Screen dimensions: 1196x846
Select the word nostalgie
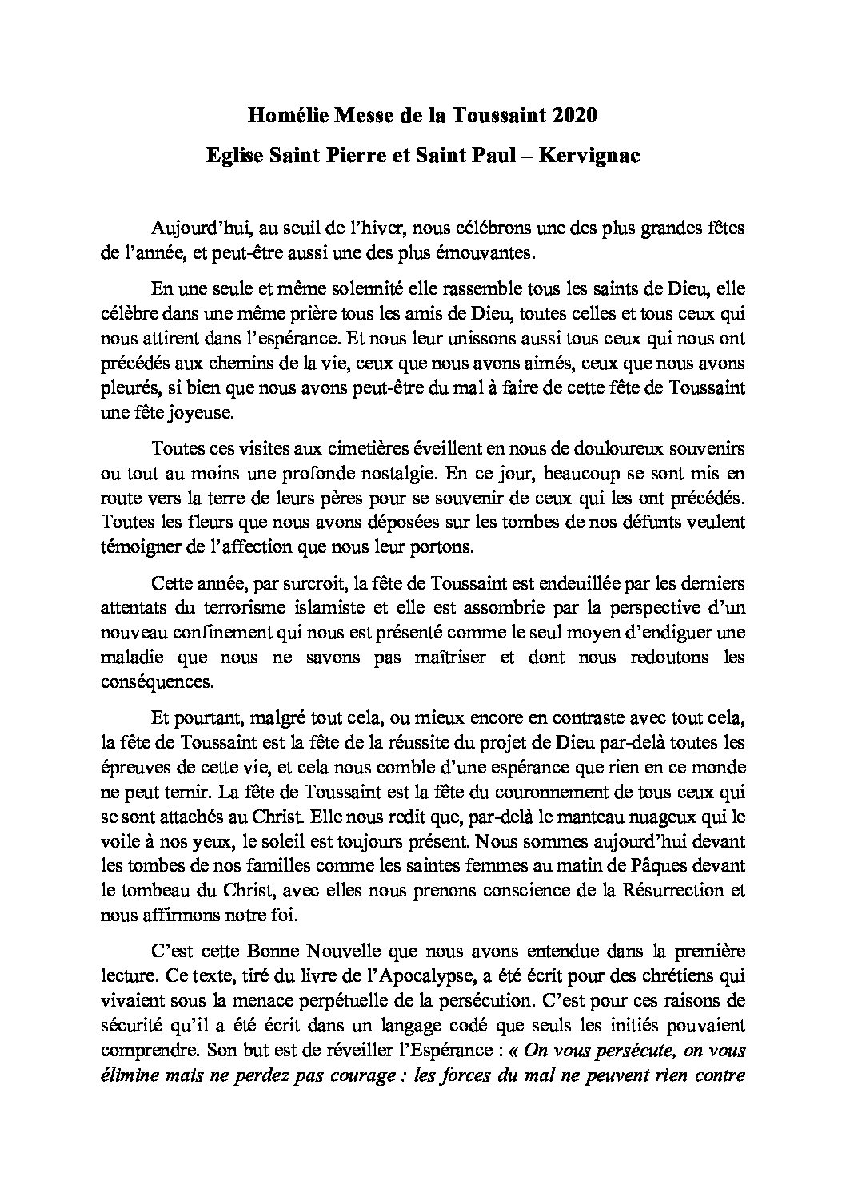[390, 471]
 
